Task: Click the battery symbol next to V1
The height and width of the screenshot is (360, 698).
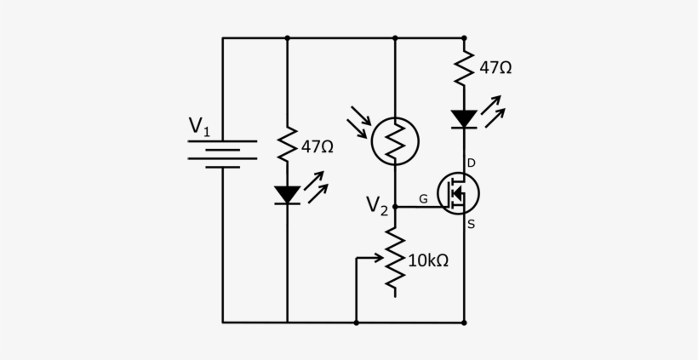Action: (223, 154)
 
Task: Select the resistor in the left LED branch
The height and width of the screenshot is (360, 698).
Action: (287, 146)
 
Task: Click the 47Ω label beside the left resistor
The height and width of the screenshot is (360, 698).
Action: (317, 146)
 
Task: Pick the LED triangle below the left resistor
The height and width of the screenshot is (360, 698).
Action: (287, 195)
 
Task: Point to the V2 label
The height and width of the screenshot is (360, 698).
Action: (377, 205)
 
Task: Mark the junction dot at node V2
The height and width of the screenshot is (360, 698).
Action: (395, 206)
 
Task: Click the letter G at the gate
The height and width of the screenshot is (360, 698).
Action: (422, 199)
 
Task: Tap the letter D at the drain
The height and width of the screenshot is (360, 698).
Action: (471, 163)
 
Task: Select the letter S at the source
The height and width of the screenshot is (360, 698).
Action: (471, 226)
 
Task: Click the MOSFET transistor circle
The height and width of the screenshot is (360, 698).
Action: (458, 193)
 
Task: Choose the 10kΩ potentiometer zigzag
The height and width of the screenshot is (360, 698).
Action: (395, 260)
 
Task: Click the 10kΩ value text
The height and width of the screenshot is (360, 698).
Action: (427, 260)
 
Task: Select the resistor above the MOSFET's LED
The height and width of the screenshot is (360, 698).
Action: (464, 67)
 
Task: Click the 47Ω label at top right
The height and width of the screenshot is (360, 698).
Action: (495, 67)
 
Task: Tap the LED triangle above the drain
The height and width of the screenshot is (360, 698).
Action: (464, 118)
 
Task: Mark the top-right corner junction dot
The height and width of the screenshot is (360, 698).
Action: (464, 38)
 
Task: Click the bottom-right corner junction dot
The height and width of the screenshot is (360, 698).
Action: (464, 323)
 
